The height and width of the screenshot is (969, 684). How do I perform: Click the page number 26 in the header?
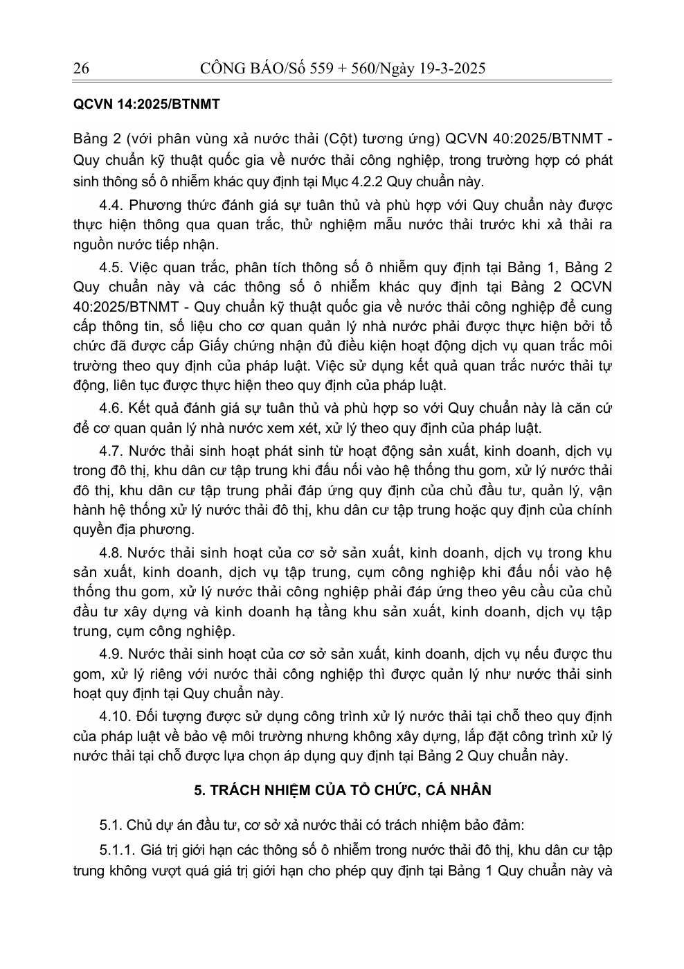[x=81, y=68]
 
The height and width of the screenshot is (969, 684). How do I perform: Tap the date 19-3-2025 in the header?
[x=450, y=68]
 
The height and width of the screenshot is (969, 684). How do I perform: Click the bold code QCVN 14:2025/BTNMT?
[x=146, y=105]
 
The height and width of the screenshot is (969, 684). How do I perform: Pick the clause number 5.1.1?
[x=117, y=850]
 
